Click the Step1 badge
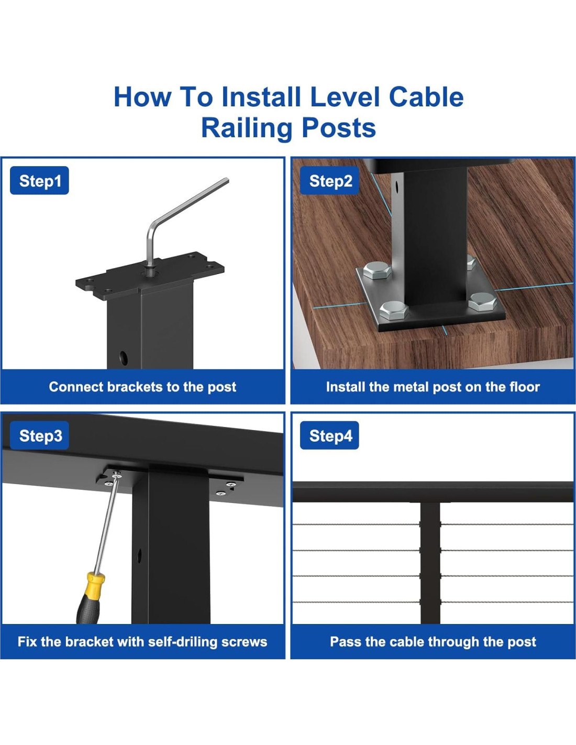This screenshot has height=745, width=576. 39,181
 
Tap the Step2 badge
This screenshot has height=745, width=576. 330,181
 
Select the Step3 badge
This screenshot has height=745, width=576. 39,435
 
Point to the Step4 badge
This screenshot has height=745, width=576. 330,435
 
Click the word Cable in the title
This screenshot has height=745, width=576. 426,97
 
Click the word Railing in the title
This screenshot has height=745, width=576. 247,128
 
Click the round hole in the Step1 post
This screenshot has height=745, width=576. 124,358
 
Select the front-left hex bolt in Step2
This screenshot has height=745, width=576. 393,311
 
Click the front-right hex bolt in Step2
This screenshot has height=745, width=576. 482,301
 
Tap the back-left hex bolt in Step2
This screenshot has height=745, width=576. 377,270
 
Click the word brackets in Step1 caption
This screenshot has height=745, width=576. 135,387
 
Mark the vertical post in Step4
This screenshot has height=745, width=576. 430,563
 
